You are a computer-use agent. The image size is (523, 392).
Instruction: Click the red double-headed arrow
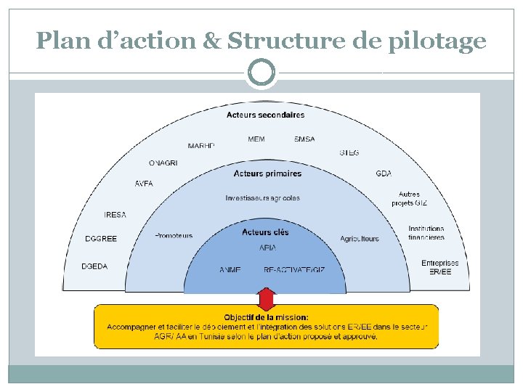[x=267, y=299]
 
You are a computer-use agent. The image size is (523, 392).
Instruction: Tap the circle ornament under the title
[x=261, y=72]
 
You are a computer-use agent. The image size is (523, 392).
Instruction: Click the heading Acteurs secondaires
[x=265, y=115]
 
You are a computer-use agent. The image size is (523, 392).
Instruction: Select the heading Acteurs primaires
[x=267, y=173]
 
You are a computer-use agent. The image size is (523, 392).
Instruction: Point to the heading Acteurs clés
[x=265, y=232]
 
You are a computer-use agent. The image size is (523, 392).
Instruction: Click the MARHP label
[x=201, y=146]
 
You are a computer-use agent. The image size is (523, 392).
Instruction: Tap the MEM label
[x=256, y=139]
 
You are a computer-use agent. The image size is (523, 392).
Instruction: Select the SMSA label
[x=304, y=139]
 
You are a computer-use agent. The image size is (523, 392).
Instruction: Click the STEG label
[x=349, y=153]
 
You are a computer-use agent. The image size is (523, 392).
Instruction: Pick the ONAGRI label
[x=163, y=163]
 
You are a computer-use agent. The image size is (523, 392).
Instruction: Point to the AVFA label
[x=144, y=184]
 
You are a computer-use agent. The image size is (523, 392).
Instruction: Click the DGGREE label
[x=101, y=239]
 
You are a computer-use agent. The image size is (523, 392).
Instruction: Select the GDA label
[x=384, y=173]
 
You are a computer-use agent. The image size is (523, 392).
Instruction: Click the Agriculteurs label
[x=360, y=239]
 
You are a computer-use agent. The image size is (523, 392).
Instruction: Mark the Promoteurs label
[x=174, y=235]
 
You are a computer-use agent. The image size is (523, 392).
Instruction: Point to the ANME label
[x=230, y=270]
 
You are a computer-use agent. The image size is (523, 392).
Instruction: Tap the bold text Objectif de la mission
[x=266, y=317]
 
